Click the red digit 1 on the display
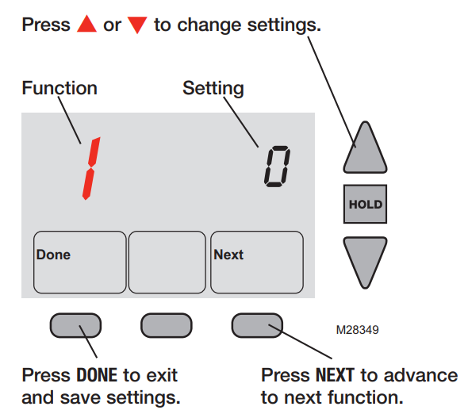91,169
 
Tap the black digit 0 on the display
278,167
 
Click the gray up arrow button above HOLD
365,148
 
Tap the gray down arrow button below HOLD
365,262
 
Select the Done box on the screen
79,262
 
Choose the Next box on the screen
257,262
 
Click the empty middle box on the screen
167,262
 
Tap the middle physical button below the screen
167,325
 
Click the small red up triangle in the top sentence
86,24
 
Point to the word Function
59,88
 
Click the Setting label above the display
213,89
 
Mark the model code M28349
357,330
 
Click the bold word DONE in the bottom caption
97,375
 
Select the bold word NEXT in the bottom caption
336,375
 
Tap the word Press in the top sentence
46,25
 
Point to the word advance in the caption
421,375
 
